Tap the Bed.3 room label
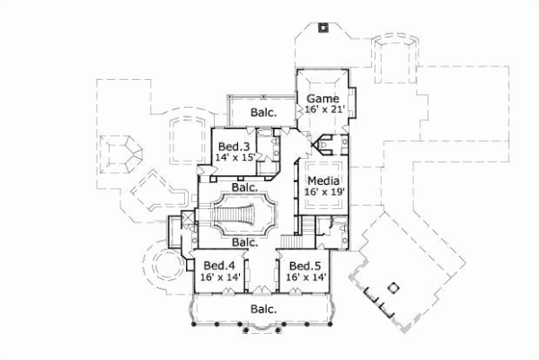[234, 146]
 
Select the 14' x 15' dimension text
[235, 158]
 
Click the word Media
[324, 180]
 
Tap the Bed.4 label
[219, 266]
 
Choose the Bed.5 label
[305, 266]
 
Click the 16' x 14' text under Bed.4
[220, 278]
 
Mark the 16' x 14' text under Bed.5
[306, 278]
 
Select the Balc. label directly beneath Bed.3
[245, 188]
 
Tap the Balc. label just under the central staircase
[245, 241]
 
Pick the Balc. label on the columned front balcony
[263, 309]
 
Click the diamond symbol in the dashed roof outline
[392, 287]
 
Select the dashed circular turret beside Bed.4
[167, 267]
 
